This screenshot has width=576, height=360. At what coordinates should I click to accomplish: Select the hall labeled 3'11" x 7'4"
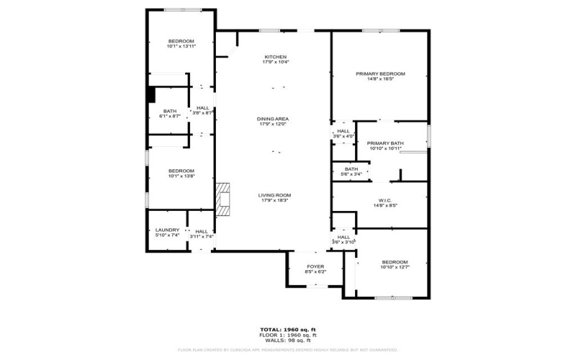tap(202, 234)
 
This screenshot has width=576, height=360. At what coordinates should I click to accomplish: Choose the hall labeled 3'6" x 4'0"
tap(343, 133)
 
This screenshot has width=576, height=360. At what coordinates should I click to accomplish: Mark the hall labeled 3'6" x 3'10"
tap(343, 239)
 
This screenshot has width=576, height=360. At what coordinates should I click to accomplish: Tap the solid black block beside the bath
tap(151, 95)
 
